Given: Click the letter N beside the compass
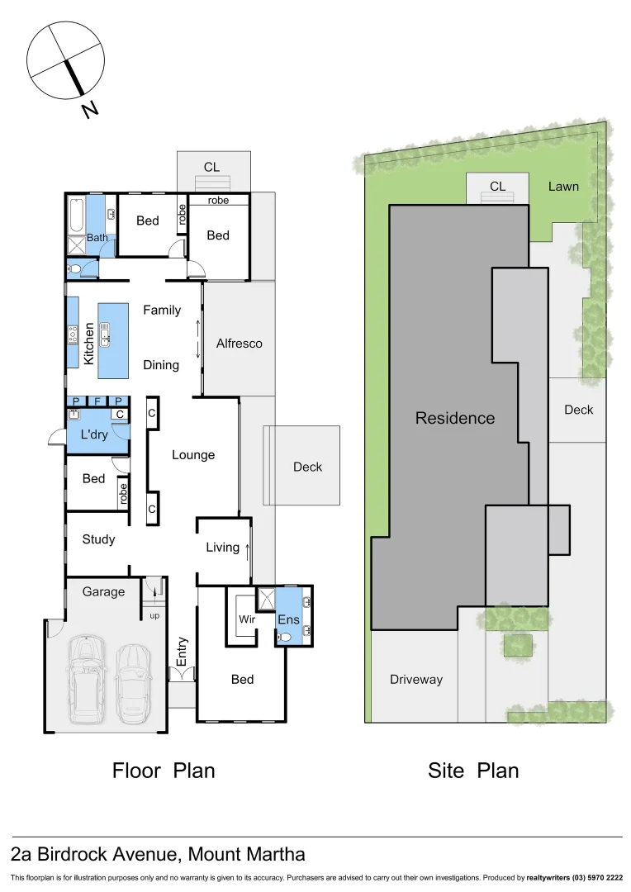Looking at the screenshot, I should (x=90, y=109).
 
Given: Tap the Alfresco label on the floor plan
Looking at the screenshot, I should (x=239, y=343).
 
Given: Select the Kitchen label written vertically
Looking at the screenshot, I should (x=88, y=344).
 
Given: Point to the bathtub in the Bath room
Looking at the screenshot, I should (x=76, y=215).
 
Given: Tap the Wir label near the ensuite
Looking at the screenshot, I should (x=246, y=619).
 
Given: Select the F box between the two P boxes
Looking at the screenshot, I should (x=97, y=401).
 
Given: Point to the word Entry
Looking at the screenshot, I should (x=182, y=652).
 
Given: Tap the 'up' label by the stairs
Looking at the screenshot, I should (x=154, y=615).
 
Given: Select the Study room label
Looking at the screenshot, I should (x=98, y=539).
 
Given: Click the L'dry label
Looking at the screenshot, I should (x=95, y=434).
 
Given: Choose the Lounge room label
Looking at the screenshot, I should (x=193, y=454).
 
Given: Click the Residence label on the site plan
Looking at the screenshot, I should (x=454, y=418).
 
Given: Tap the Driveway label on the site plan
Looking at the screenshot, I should (x=415, y=679).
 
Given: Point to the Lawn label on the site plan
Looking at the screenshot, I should (x=563, y=186).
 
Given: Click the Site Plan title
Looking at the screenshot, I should (x=473, y=771).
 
